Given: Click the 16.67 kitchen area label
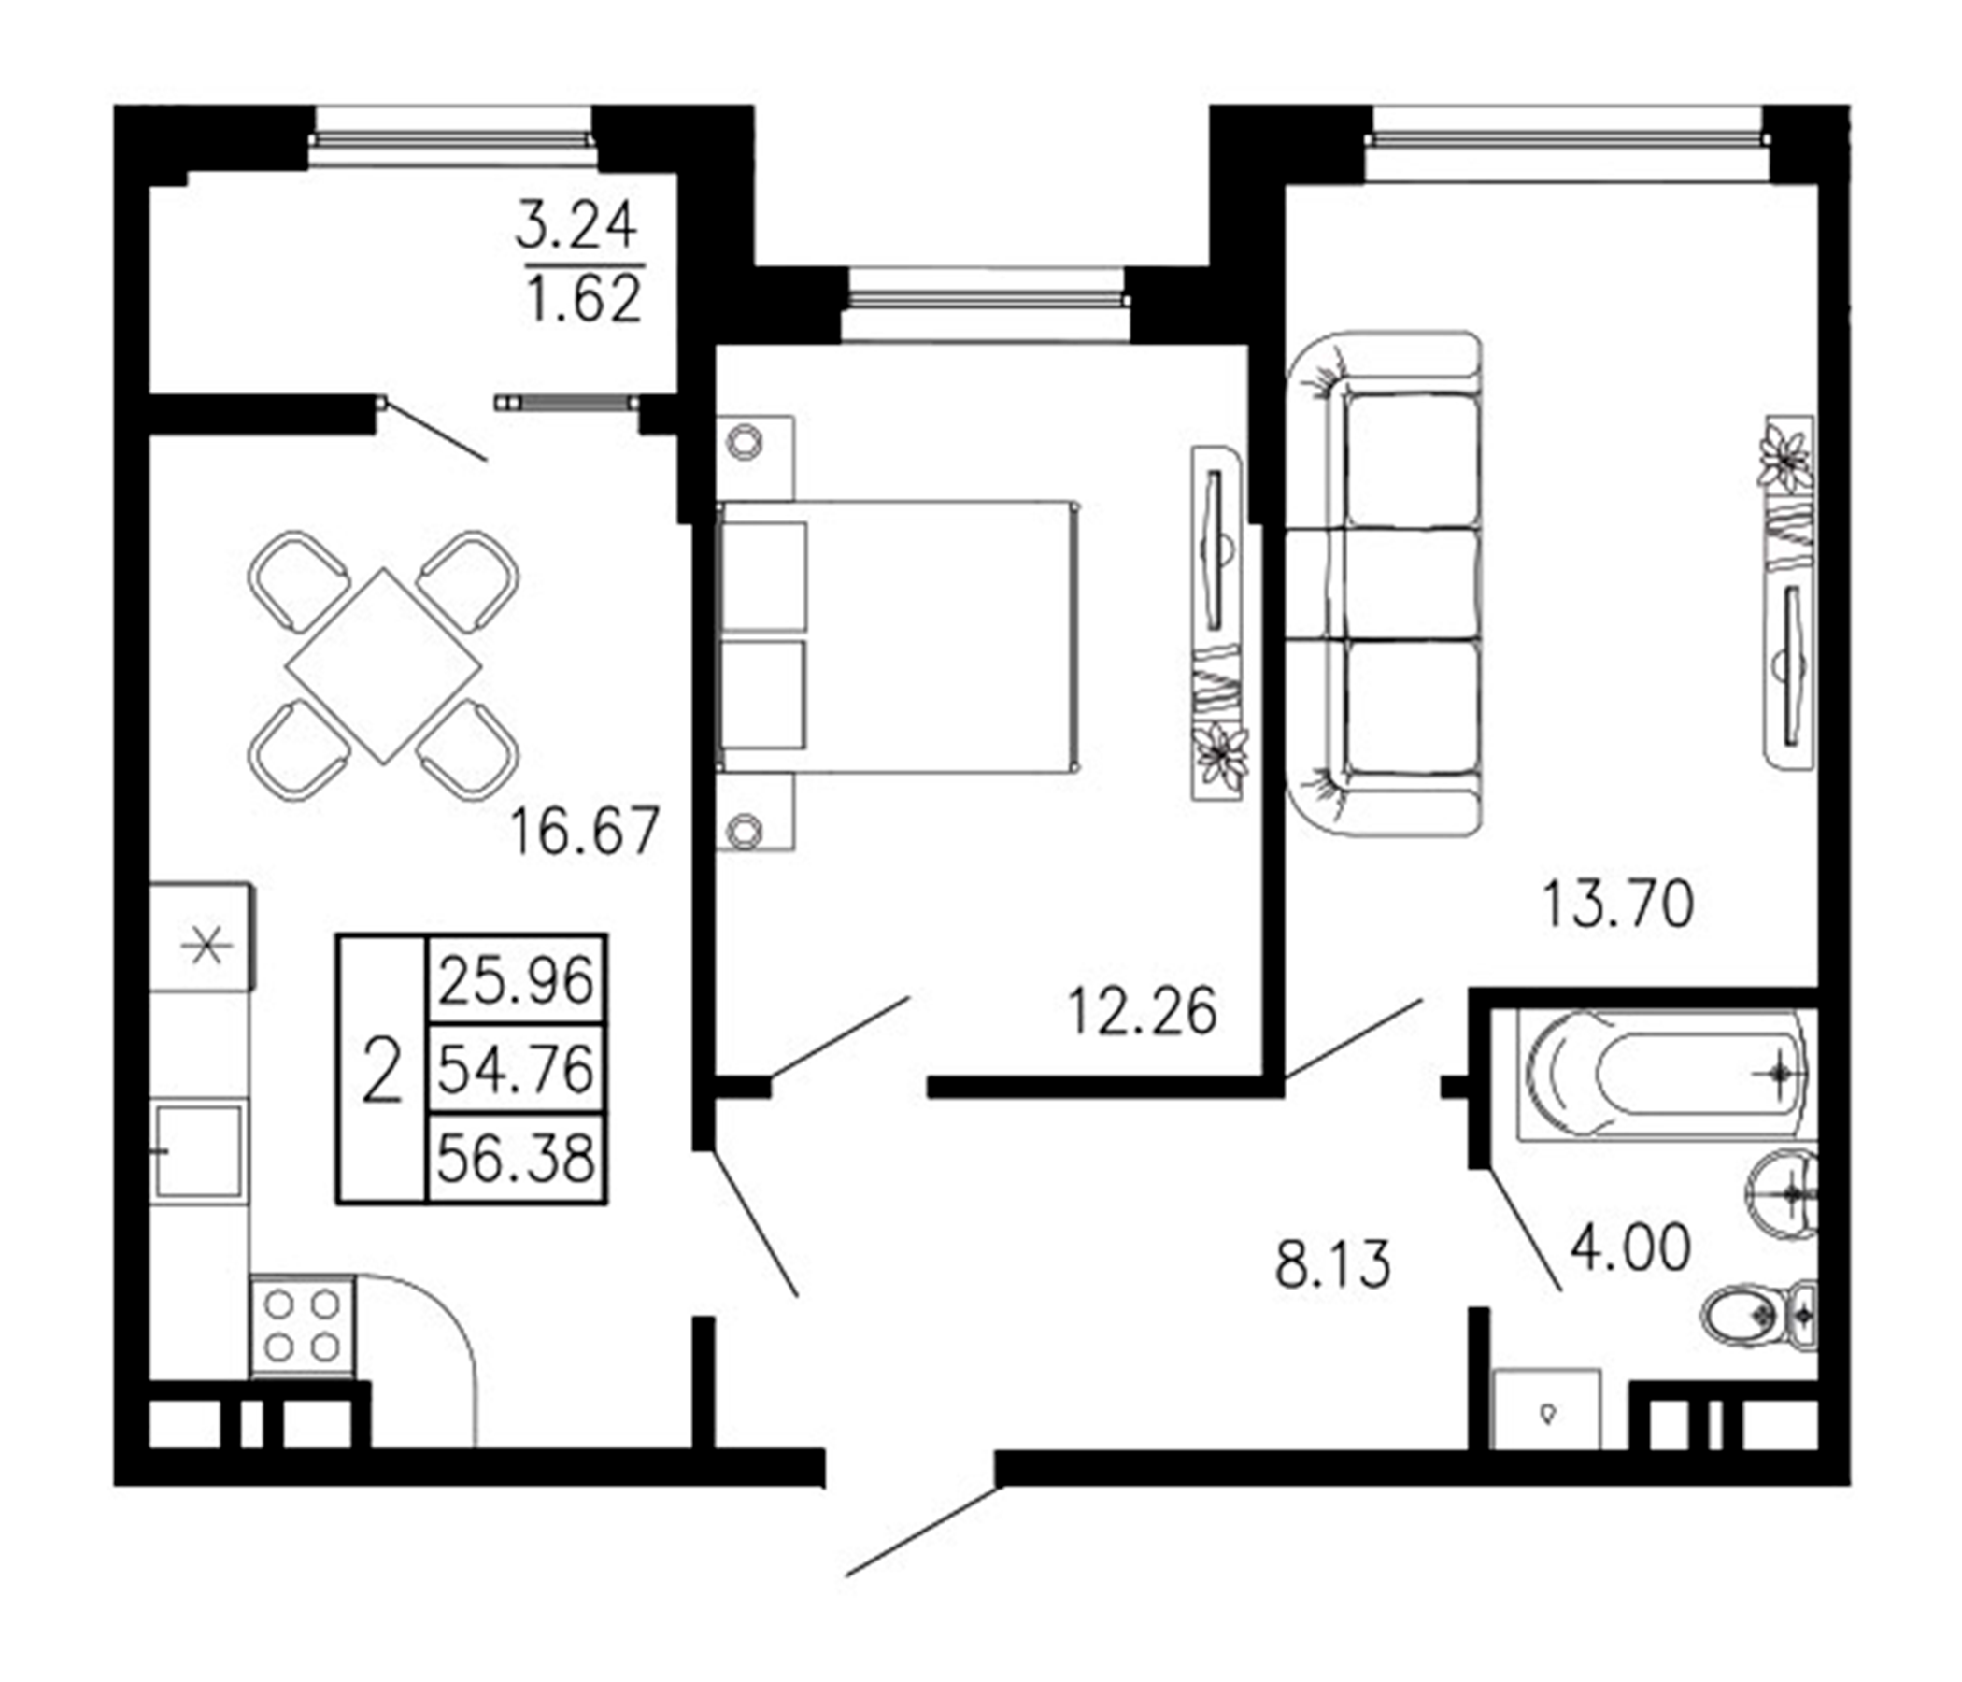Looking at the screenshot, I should (583, 832).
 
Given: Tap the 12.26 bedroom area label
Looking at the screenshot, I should (1141, 1011).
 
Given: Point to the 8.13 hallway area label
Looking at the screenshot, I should (1332, 1264).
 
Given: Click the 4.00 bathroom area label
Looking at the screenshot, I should (1629, 1247).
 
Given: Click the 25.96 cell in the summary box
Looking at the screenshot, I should (515, 981).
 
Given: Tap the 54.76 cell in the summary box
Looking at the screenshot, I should (515, 1069).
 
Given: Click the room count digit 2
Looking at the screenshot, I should (381, 1069).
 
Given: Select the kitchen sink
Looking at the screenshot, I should (199, 1151).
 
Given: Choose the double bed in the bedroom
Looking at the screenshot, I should (900, 636).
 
